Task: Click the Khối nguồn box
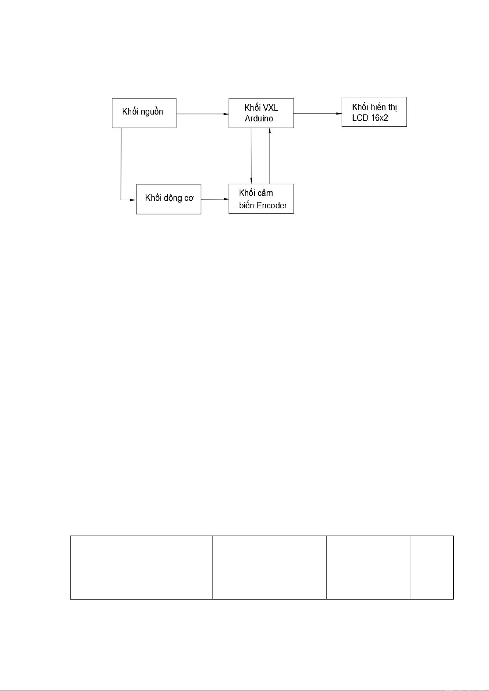144,113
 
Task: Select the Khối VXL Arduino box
261,113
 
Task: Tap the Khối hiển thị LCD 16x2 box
374,112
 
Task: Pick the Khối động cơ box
169,199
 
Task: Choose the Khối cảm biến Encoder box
261,198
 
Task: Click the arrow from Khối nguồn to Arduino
203,114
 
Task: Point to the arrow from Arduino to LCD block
318,114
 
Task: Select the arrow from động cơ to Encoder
215,199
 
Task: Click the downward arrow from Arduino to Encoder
251,156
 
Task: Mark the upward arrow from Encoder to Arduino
270,156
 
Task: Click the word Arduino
259,119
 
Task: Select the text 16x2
379,118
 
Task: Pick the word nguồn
152,112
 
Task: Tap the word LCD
360,118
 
